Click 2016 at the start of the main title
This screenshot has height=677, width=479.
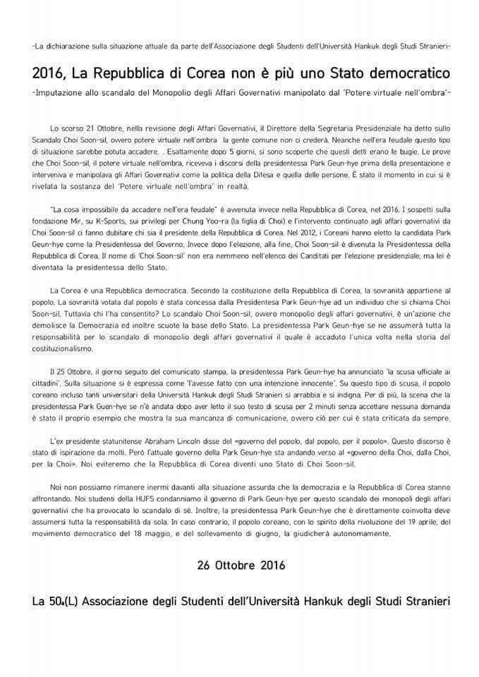49,74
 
